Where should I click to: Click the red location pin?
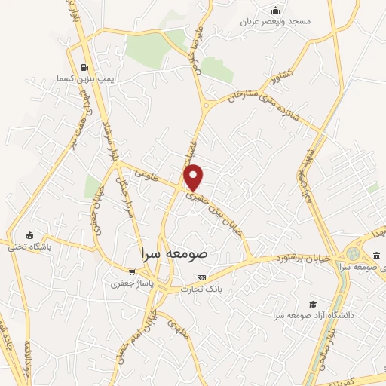(194, 176)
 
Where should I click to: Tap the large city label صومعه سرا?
(175, 255)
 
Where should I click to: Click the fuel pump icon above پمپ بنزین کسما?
(83, 66)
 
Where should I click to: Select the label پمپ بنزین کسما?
(83, 78)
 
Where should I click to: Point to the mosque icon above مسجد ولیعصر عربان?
(276, 10)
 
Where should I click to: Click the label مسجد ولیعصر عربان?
(276, 22)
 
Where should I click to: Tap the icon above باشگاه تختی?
(29, 234)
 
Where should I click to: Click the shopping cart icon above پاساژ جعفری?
(132, 272)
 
